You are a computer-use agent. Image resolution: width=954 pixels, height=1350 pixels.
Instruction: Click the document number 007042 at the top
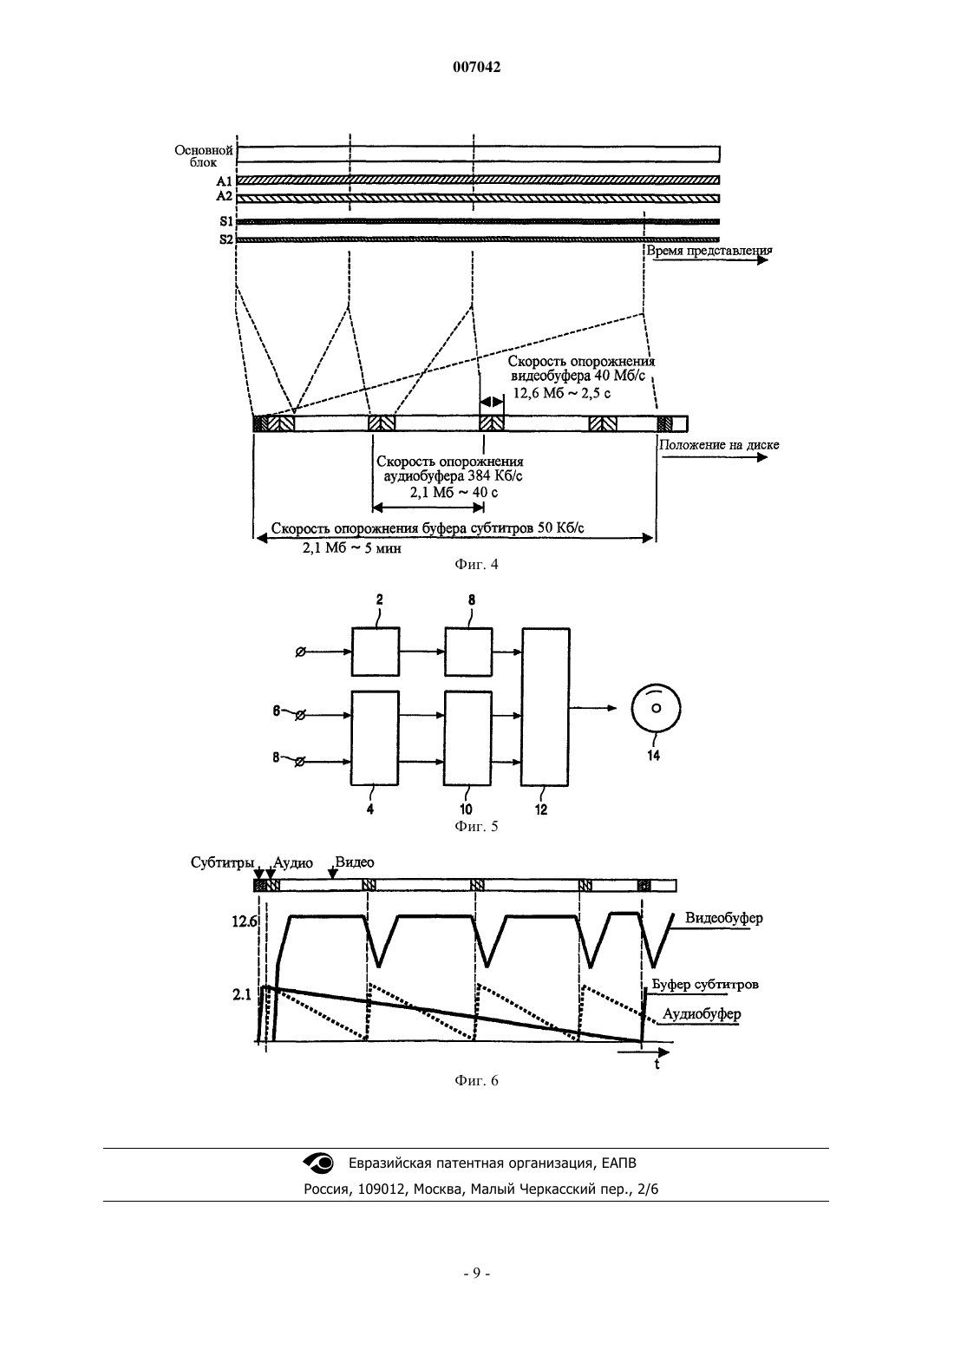[476, 68]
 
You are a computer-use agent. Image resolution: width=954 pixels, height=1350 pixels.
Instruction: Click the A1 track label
[224, 180]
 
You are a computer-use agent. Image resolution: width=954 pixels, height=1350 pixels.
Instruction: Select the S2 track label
[225, 239]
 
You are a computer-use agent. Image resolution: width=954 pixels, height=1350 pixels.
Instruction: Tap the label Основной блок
[204, 155]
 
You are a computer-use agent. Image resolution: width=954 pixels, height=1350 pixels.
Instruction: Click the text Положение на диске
[718, 445]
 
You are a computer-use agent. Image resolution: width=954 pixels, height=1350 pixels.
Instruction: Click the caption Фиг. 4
[476, 564]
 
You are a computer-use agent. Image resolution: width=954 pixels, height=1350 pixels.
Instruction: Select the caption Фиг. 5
[476, 826]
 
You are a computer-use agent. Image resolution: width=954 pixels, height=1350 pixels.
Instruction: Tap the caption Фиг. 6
[476, 1080]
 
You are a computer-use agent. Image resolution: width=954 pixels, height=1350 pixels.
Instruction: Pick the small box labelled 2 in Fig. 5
[376, 652]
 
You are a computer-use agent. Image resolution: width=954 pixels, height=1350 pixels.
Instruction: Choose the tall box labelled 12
[545, 707]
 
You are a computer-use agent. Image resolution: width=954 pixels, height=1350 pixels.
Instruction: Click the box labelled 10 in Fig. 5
[468, 738]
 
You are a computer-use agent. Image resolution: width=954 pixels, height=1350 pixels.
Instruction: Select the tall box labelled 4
[375, 738]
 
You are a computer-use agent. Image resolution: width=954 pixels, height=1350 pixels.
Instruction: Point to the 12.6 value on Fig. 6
[244, 921]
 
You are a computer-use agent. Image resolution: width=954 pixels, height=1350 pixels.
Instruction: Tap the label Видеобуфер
[724, 919]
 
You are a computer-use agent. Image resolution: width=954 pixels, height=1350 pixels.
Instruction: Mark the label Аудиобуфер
[702, 1013]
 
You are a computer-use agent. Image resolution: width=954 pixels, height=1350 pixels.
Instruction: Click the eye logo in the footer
[318, 1163]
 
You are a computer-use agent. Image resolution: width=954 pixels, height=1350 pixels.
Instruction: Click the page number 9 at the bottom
[476, 1274]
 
